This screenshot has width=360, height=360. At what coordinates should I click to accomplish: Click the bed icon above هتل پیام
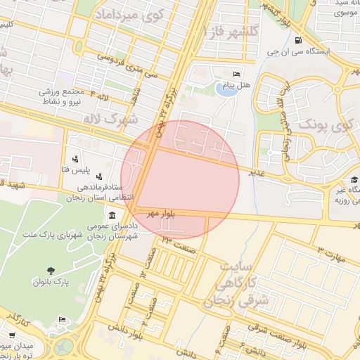(237, 73)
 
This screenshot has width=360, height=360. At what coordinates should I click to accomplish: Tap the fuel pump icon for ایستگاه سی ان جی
(300, 40)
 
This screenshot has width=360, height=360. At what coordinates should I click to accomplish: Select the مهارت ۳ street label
(331, 255)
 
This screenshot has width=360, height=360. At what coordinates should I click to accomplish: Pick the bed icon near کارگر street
(62, 320)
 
